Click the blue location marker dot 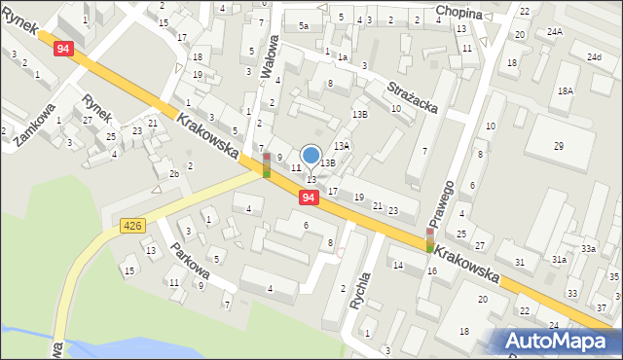[311, 155]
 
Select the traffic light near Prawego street [429, 239]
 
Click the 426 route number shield [133, 226]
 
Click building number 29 [559, 146]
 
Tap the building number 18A [566, 90]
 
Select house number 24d [594, 57]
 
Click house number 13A [343, 145]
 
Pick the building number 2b [173, 173]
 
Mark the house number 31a [559, 260]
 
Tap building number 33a [588, 249]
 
